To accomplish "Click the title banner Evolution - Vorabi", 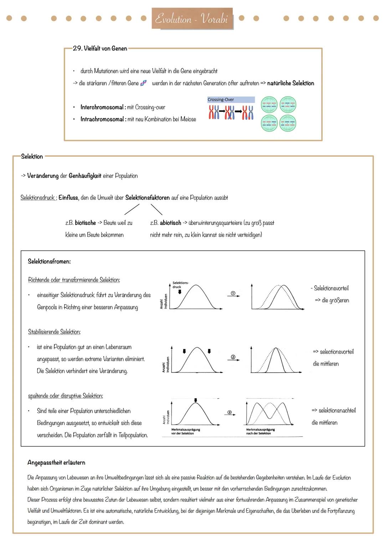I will coord(192,19).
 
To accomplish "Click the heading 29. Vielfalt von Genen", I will coord(100,48).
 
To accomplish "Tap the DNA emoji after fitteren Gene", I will coord(143,83).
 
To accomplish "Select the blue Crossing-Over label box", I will coord(231,100).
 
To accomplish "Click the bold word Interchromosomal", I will coord(103,107).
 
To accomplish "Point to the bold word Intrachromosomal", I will coord(103,119).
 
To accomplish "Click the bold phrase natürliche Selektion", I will coord(291,83).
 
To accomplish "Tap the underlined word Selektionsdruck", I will coord(38,198).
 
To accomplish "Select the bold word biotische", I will coord(85,223).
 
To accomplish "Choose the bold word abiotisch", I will coord(170,223).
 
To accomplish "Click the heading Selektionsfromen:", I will coord(49,261).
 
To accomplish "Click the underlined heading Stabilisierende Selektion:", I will coord(54,332).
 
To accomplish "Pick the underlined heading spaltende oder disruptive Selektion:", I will coord(66,396).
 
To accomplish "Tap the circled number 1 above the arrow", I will coord(233,293).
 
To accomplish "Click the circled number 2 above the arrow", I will coord(233,357).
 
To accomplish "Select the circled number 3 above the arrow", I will coord(230,412).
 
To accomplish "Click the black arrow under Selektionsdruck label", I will coord(180,291).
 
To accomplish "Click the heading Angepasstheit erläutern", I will coord(56,462).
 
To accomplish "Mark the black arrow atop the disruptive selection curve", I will coord(195,400).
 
